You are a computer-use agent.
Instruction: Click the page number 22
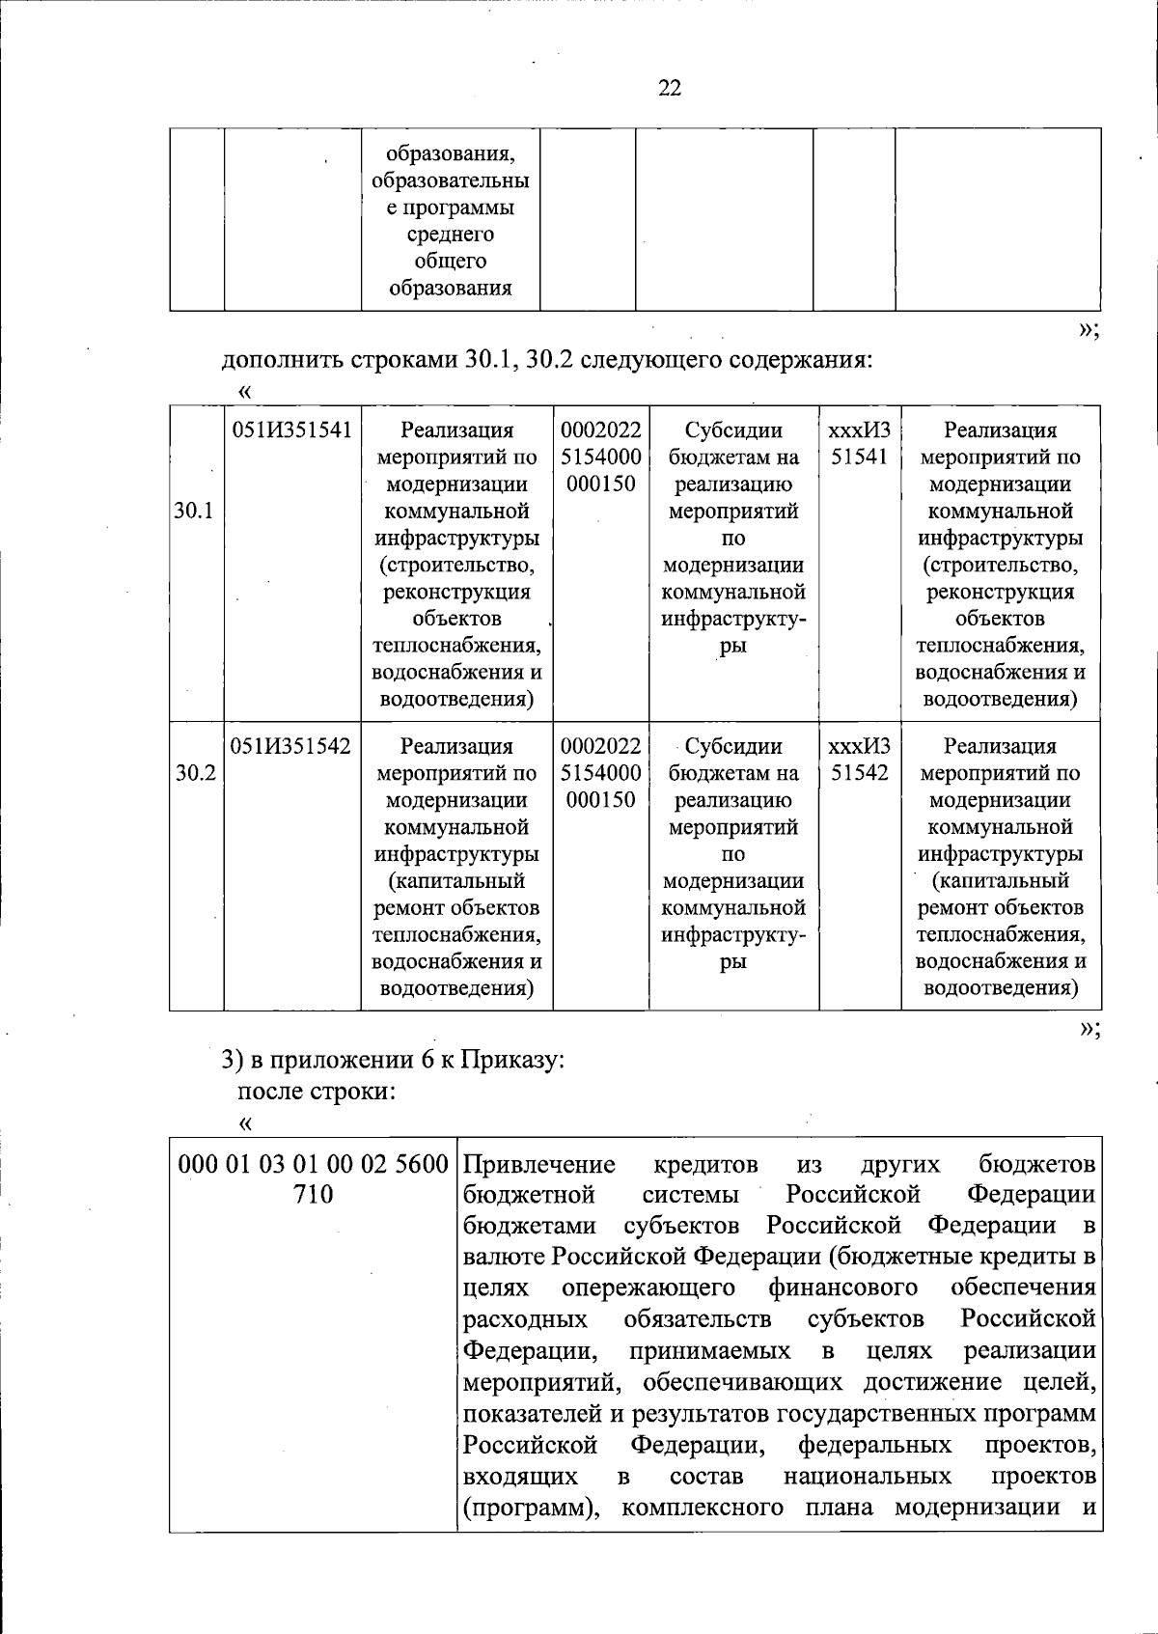(x=670, y=89)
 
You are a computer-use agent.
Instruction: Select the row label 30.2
(x=194, y=773)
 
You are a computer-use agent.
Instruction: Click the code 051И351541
(x=291, y=430)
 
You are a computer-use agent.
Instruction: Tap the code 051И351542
(x=291, y=746)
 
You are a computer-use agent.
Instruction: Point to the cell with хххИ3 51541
(x=859, y=443)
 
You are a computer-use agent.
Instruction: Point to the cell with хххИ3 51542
(x=859, y=760)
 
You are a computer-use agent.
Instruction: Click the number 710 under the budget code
(x=313, y=1195)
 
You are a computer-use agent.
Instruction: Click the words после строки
(x=317, y=1092)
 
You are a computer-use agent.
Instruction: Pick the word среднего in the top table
(x=450, y=235)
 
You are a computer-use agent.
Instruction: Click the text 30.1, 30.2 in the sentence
(x=508, y=361)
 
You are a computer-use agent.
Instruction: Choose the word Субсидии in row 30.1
(x=733, y=430)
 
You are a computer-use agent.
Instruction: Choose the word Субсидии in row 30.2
(x=733, y=746)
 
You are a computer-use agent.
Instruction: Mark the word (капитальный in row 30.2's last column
(x=1000, y=880)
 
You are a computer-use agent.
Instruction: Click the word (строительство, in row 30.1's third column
(x=456, y=565)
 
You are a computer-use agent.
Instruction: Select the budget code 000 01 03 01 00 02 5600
(x=314, y=1163)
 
